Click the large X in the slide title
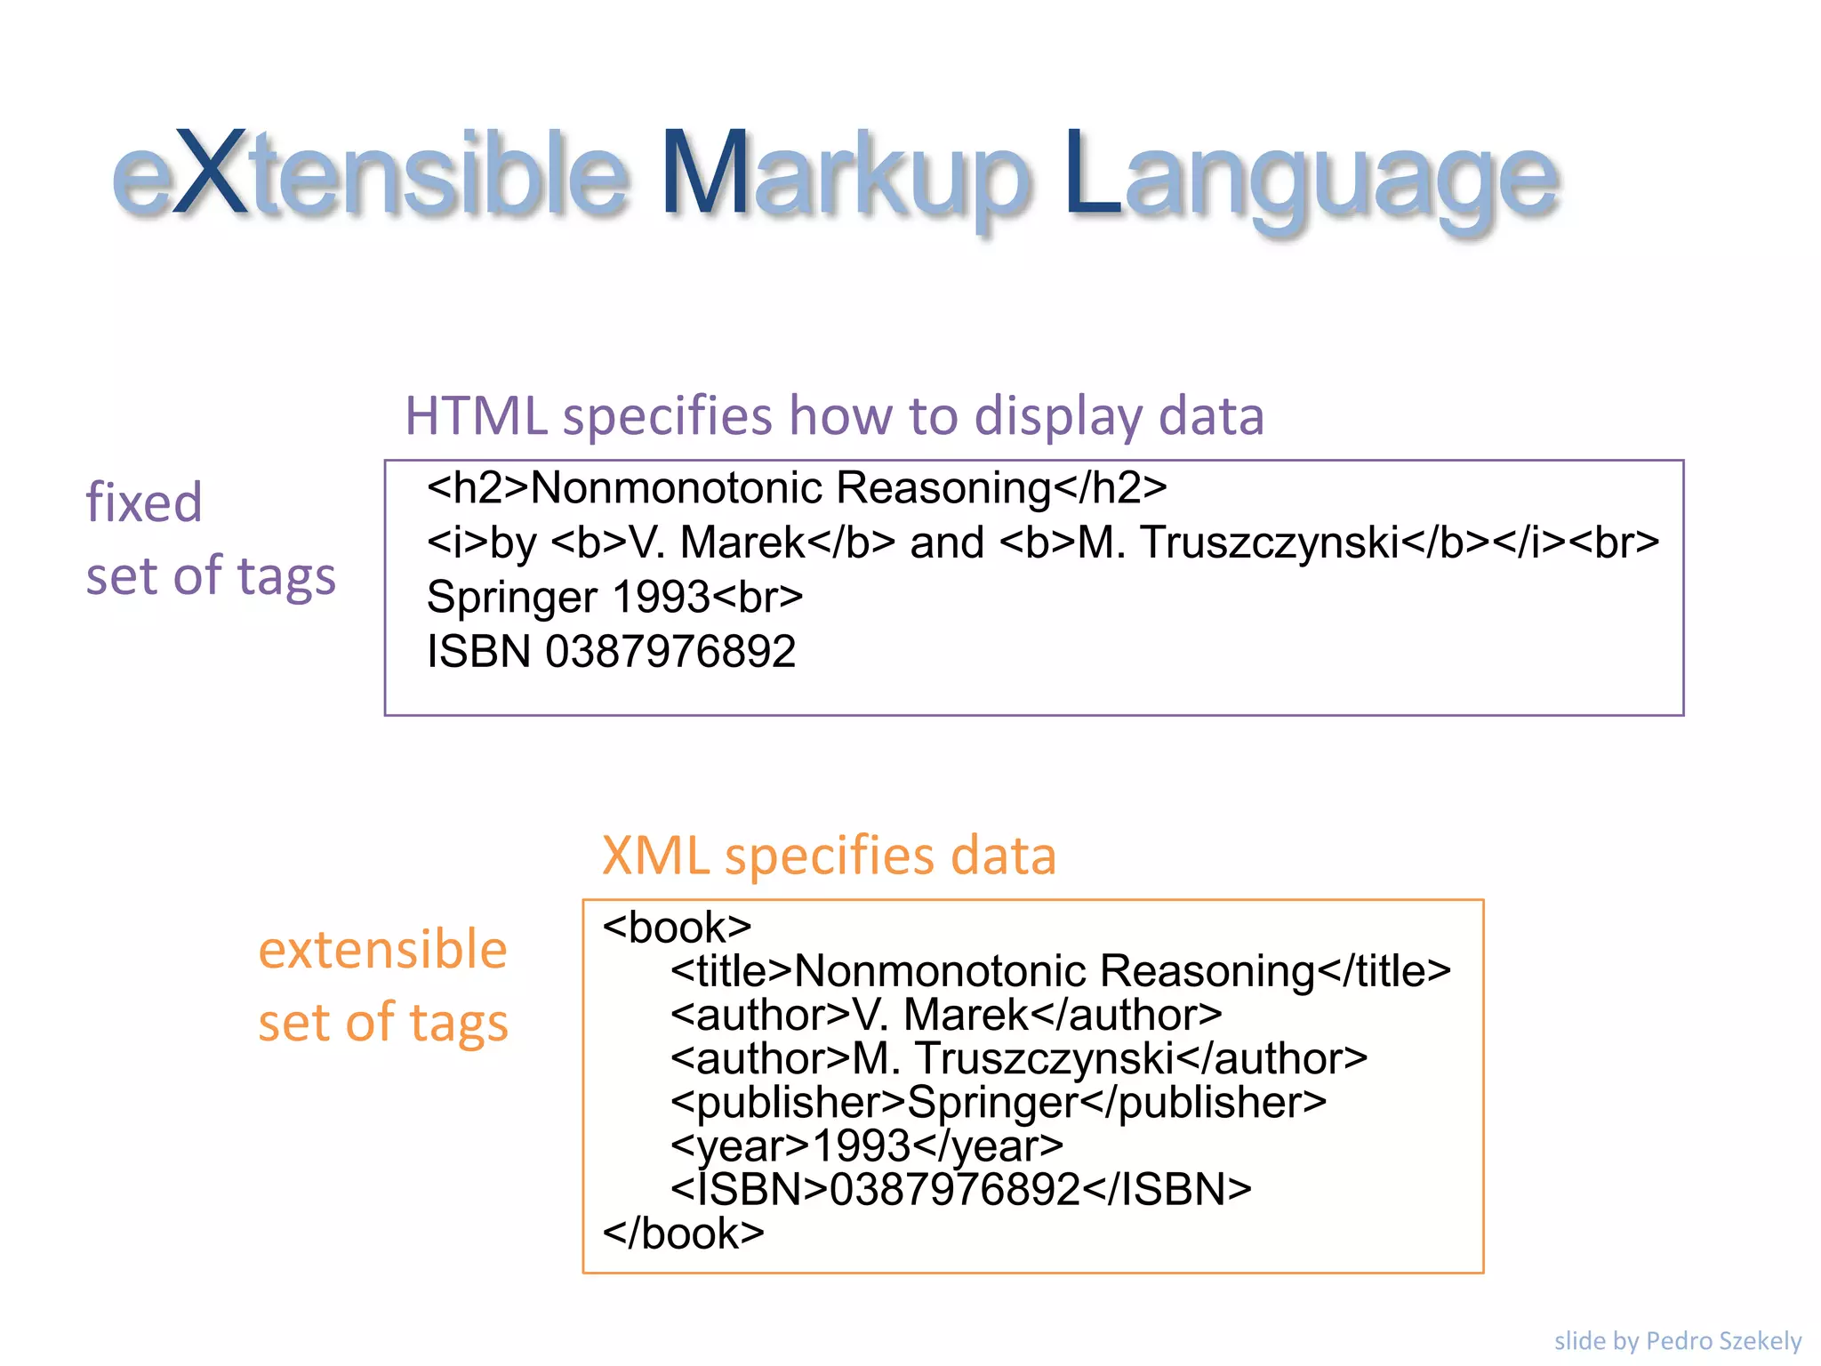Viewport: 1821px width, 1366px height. [x=210, y=174]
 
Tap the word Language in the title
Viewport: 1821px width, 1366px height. [x=1311, y=178]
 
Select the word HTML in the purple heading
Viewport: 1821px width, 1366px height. [x=476, y=415]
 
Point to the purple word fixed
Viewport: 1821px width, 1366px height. [x=144, y=502]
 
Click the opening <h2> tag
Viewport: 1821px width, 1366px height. [x=477, y=487]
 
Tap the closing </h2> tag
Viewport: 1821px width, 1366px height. [x=1110, y=487]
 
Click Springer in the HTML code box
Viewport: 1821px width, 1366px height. [x=511, y=598]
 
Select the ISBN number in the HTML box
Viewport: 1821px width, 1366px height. [x=670, y=652]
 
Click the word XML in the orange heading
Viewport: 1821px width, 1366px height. [x=655, y=856]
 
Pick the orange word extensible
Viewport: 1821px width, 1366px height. [x=382, y=949]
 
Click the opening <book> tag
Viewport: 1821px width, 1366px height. [x=677, y=928]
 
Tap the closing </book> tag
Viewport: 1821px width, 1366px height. [x=683, y=1233]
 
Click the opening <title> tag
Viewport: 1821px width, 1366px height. [x=731, y=971]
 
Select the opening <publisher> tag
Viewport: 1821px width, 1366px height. [x=788, y=1103]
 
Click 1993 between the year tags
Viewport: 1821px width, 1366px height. [x=862, y=1146]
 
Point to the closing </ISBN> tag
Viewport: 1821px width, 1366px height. [x=1167, y=1190]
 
